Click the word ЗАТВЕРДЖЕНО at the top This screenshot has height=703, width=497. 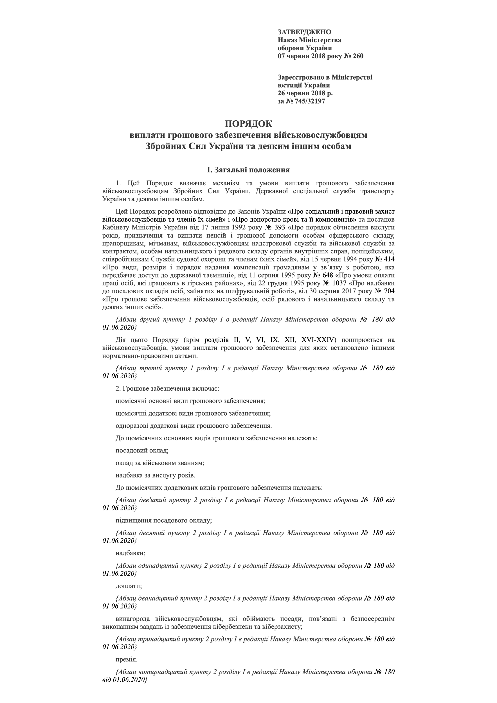pos(304,32)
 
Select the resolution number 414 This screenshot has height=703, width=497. pos(389,259)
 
